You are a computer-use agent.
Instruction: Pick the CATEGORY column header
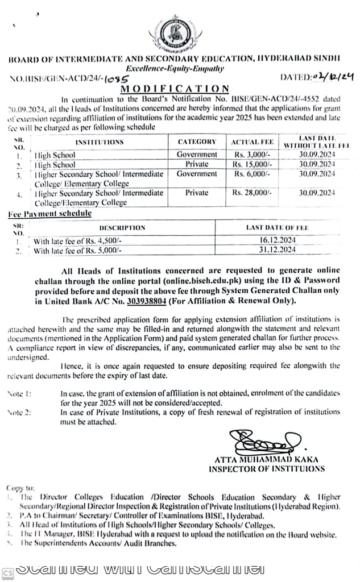pos(197,142)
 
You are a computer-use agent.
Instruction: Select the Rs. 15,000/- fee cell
pos(253,164)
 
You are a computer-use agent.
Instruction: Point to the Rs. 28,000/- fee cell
pos(253,193)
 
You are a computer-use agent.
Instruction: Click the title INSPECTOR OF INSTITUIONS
pos(266,469)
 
